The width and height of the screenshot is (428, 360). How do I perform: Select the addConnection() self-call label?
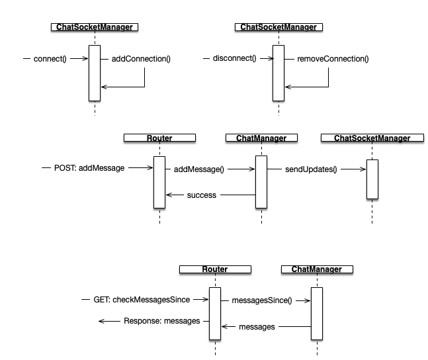[136, 58]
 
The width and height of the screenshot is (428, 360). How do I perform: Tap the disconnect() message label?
[234, 58]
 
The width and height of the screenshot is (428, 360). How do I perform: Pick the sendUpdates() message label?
[311, 169]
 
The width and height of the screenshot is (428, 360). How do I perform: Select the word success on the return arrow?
[202, 195]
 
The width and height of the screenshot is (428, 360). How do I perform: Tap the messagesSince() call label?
[261, 300]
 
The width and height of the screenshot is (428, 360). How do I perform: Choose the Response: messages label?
[161, 321]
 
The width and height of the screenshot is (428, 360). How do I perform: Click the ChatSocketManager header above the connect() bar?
[95, 27]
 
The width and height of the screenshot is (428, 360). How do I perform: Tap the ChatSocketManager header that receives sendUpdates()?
[372, 138]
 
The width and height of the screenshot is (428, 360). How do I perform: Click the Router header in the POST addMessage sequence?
[159, 138]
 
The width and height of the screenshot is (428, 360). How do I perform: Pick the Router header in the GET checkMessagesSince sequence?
[214, 269]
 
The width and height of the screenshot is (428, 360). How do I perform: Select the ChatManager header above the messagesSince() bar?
[316, 269]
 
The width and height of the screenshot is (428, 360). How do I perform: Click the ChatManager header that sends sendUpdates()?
[261, 138]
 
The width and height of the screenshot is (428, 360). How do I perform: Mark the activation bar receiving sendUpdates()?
[372, 179]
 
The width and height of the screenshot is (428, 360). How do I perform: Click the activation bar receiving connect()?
[94, 73]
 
